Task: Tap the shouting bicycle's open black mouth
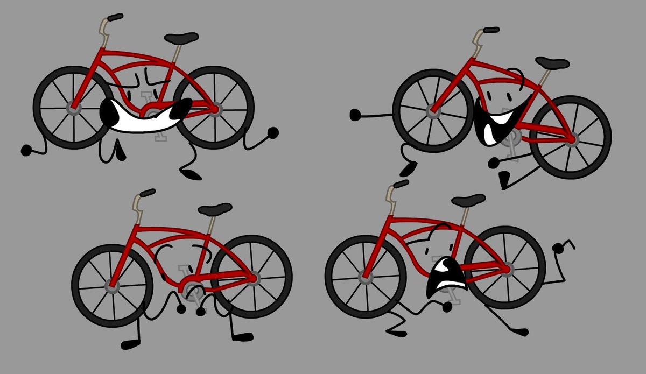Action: point(444,274)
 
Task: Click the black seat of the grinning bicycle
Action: point(181,38)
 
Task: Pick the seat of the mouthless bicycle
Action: point(215,208)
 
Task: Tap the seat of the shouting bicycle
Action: point(468,200)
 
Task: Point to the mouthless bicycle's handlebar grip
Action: point(146,192)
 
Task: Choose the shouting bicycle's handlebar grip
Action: point(401,185)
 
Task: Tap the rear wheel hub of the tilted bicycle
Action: point(571,139)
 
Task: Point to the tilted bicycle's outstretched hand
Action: point(355,114)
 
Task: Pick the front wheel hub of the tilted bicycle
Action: point(433,111)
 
